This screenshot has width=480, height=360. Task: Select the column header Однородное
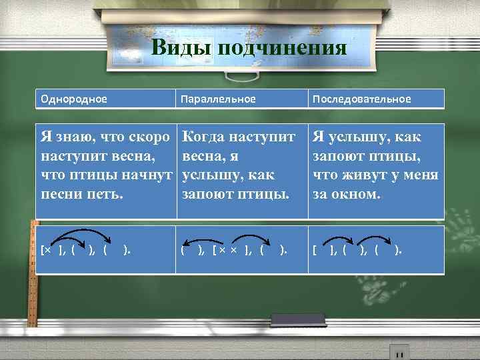click(73, 99)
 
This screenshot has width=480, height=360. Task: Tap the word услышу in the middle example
click(207, 176)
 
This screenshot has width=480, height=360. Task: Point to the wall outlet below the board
click(399, 351)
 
